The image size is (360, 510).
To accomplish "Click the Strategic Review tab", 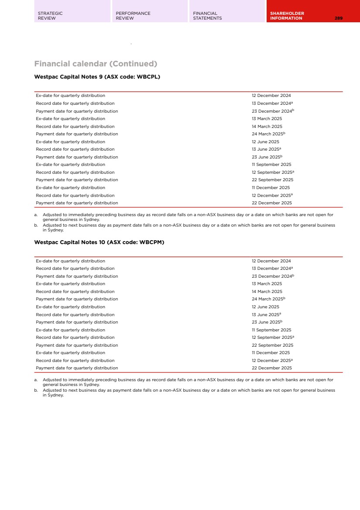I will pos(50,16).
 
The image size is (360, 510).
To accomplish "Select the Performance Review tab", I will pos(133,16).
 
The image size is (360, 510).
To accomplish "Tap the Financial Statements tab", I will pos(207,16).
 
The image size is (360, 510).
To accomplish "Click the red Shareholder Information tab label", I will pos(287,16).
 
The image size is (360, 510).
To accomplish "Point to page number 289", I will pos(339,18).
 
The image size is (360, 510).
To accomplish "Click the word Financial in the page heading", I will pos(52,64).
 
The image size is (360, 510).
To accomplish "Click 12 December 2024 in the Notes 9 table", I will pos(271,96).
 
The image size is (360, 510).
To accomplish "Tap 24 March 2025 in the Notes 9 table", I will pos(267,134).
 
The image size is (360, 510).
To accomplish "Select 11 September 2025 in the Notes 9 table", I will pos(271,165).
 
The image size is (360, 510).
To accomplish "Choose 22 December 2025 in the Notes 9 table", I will pos(271,203).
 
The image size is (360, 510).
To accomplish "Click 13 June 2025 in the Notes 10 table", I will pos(265,315).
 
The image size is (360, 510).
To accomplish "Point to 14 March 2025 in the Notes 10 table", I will pos(267,292).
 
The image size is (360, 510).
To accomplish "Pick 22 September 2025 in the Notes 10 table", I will pos(272,345).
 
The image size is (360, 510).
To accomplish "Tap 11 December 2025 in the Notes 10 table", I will pos(271,353).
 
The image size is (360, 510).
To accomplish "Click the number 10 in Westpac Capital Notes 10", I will pos(102,242).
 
